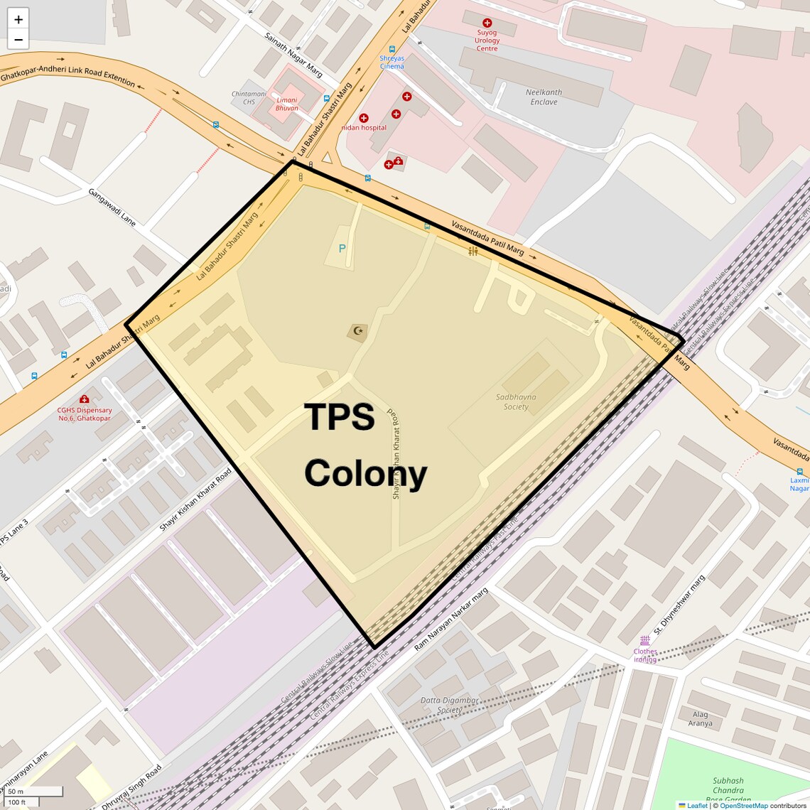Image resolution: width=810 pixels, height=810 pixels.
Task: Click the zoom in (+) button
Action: click(x=18, y=19)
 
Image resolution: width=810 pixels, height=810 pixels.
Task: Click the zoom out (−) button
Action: click(x=18, y=40)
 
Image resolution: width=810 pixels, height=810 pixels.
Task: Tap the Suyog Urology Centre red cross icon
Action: click(x=487, y=23)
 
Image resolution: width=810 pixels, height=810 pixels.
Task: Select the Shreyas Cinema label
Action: click(x=391, y=63)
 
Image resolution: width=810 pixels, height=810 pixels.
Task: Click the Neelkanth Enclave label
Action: click(x=544, y=97)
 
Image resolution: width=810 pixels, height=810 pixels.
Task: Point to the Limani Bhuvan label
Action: click(x=287, y=104)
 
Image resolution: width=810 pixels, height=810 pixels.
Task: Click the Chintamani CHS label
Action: click(x=249, y=97)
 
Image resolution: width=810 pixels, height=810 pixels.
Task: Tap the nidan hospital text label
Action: click(x=364, y=128)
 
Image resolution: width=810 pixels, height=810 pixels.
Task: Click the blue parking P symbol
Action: click(x=342, y=249)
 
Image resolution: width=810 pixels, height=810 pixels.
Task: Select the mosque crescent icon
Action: click(x=358, y=330)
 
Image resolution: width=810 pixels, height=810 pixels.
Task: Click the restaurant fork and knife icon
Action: click(x=473, y=251)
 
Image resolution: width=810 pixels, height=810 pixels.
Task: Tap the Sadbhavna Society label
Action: click(x=516, y=402)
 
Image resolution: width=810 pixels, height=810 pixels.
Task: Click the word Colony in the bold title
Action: click(x=365, y=474)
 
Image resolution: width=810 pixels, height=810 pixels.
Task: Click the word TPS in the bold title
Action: click(x=339, y=418)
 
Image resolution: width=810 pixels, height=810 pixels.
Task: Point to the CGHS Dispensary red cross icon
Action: click(x=84, y=399)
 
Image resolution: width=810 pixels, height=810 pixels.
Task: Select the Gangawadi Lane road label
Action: click(x=112, y=207)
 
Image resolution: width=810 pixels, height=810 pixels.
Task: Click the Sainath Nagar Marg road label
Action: click(x=293, y=55)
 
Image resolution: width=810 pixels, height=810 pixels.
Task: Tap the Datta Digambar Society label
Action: click(x=449, y=705)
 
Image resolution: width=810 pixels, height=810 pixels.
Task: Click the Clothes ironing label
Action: click(x=645, y=655)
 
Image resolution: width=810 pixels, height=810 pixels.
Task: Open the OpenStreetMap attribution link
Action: click(x=743, y=805)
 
